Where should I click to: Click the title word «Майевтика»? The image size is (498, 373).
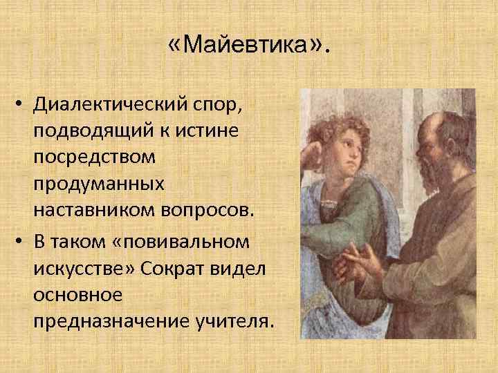pyautogui.click(x=248, y=48)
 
